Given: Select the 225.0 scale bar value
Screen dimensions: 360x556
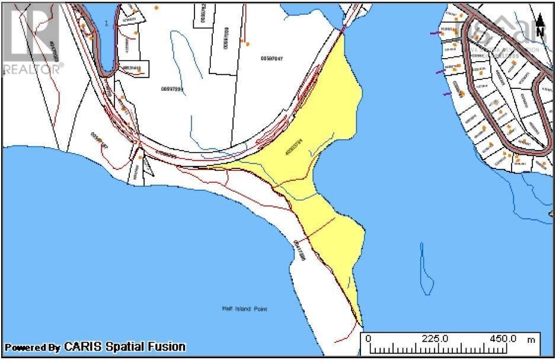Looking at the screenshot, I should [436, 338].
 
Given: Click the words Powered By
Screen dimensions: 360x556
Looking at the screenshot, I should [33, 348].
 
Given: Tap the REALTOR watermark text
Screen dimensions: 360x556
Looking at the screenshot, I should [33, 69].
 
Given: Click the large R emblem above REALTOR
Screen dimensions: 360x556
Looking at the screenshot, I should [30, 33].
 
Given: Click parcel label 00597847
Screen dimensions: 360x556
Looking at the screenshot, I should [271, 58].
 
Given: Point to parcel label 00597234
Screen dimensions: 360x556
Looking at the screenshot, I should [172, 89].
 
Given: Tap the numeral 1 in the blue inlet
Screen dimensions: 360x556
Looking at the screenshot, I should [106, 23].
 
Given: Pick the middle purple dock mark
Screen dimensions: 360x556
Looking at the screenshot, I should [439, 72].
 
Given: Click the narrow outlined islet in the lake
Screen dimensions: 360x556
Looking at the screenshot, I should [424, 269].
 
